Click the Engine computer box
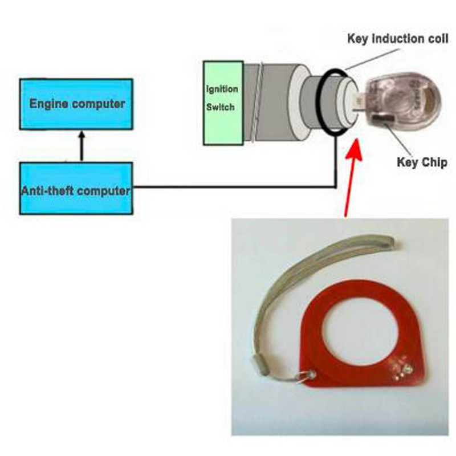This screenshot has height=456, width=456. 76,104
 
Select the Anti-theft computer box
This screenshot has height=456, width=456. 76,189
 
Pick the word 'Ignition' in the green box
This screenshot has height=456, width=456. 222,89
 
